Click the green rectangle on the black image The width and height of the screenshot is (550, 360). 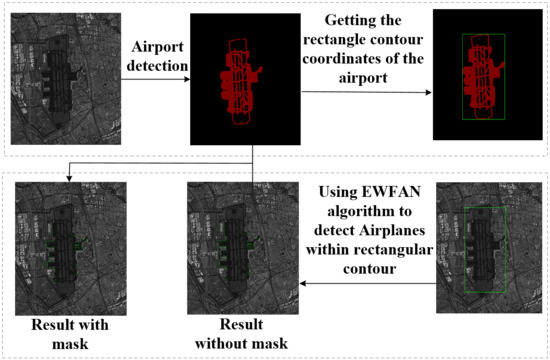485,84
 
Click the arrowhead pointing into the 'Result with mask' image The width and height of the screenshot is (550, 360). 66,178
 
